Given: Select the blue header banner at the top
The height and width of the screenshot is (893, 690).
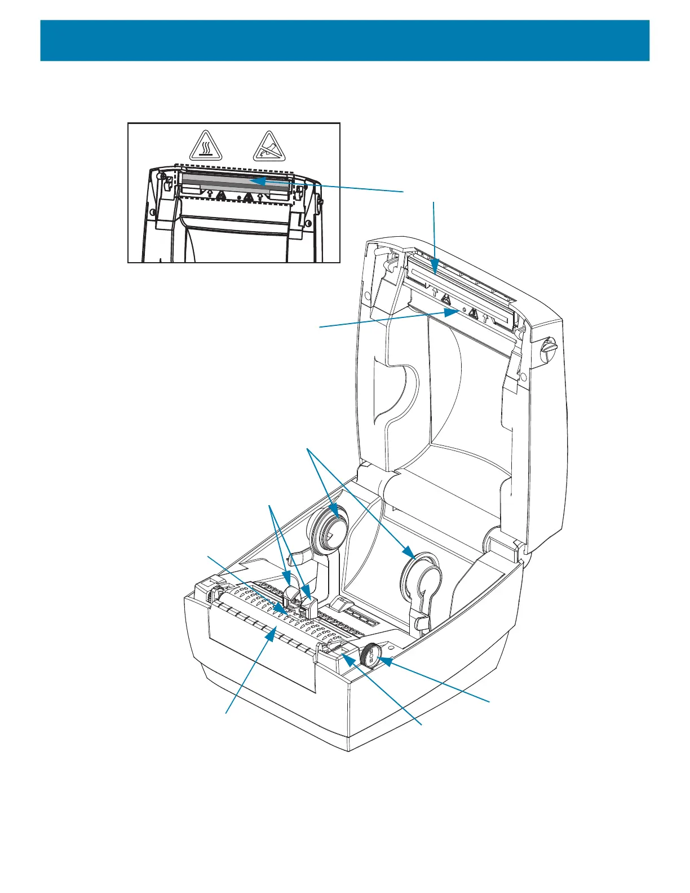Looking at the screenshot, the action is [x=344, y=41].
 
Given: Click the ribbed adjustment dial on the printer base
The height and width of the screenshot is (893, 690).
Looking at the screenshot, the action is [x=371, y=656].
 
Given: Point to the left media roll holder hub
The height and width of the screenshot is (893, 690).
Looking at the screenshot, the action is [x=330, y=528].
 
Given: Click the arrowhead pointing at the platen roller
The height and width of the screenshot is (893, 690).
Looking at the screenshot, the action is [x=272, y=635].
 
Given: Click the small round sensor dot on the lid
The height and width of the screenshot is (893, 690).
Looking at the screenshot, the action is [x=463, y=311].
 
